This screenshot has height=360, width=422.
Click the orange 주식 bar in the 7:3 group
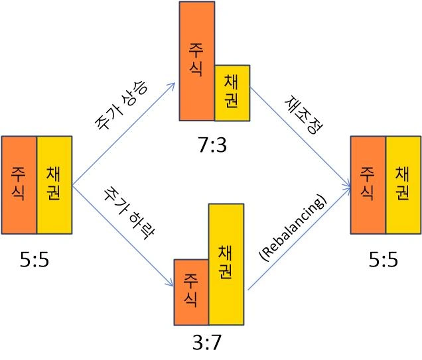pyautogui.click(x=197, y=61)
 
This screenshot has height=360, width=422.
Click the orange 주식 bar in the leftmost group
pyautogui.click(x=19, y=184)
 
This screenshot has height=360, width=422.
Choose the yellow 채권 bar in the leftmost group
pyautogui.click(x=54, y=184)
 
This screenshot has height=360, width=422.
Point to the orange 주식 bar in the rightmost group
pyautogui.click(x=368, y=184)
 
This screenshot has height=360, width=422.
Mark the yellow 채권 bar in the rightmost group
pyautogui.click(x=403, y=184)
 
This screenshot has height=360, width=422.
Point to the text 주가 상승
pyautogui.click(x=121, y=107)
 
